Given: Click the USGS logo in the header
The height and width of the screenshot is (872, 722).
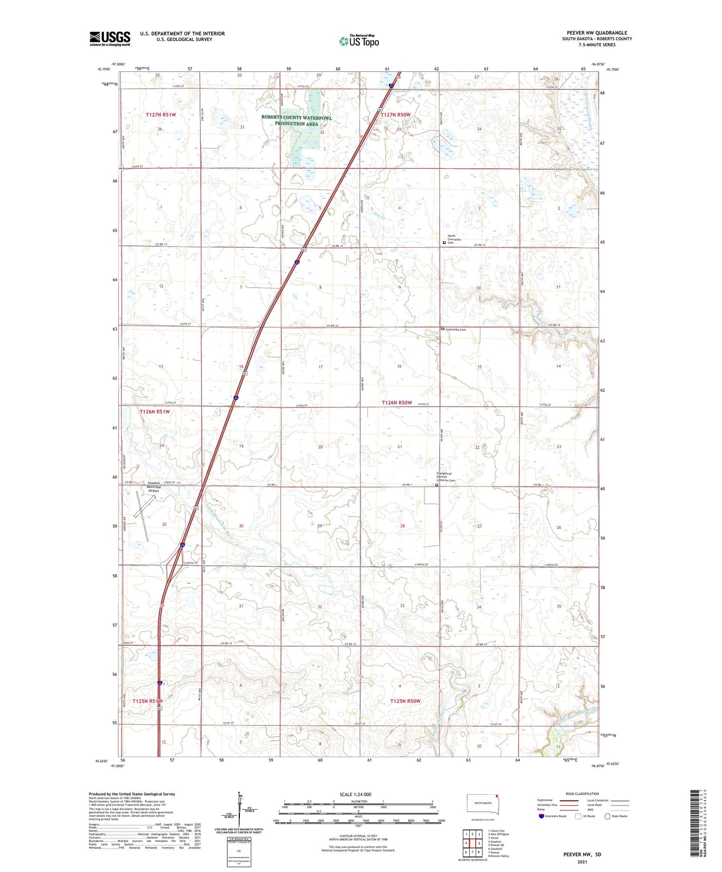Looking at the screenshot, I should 110,38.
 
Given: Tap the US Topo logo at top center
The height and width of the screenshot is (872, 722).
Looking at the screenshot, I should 358,41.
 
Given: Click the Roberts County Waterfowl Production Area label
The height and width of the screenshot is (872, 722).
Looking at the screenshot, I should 296,120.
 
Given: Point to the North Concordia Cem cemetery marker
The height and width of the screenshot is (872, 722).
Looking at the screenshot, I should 444,243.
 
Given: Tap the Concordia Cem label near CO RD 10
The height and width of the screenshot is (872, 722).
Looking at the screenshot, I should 456,330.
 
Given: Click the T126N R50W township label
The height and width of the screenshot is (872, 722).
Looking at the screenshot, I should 397,403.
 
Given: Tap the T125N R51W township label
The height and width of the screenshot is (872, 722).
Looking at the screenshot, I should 147,701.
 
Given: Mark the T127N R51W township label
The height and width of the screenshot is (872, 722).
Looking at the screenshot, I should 161,115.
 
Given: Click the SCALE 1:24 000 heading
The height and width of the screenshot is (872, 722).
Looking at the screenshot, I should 355,795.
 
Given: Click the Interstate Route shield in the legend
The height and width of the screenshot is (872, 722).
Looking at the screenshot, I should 542,816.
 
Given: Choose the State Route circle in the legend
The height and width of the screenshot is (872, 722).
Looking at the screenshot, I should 608,816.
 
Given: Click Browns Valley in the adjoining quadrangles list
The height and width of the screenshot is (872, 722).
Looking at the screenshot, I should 498,856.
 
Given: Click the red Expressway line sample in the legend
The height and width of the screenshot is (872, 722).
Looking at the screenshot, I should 569,800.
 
